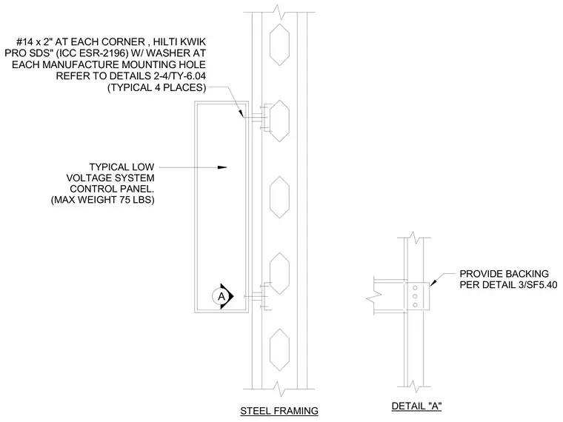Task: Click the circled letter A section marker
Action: tap(221, 296)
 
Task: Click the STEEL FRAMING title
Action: tap(279, 410)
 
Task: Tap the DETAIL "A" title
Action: tap(416, 406)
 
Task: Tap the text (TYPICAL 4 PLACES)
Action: tap(157, 87)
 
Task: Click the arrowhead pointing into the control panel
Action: tap(222, 167)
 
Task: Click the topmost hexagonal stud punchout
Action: tap(279, 44)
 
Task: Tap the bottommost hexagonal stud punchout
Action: tap(279, 350)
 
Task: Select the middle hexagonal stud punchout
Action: tap(279, 198)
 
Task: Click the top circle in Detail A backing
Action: tap(415, 288)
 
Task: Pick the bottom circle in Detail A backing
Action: tap(415, 305)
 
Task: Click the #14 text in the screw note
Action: tap(24, 41)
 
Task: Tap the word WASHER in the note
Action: tap(167, 53)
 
